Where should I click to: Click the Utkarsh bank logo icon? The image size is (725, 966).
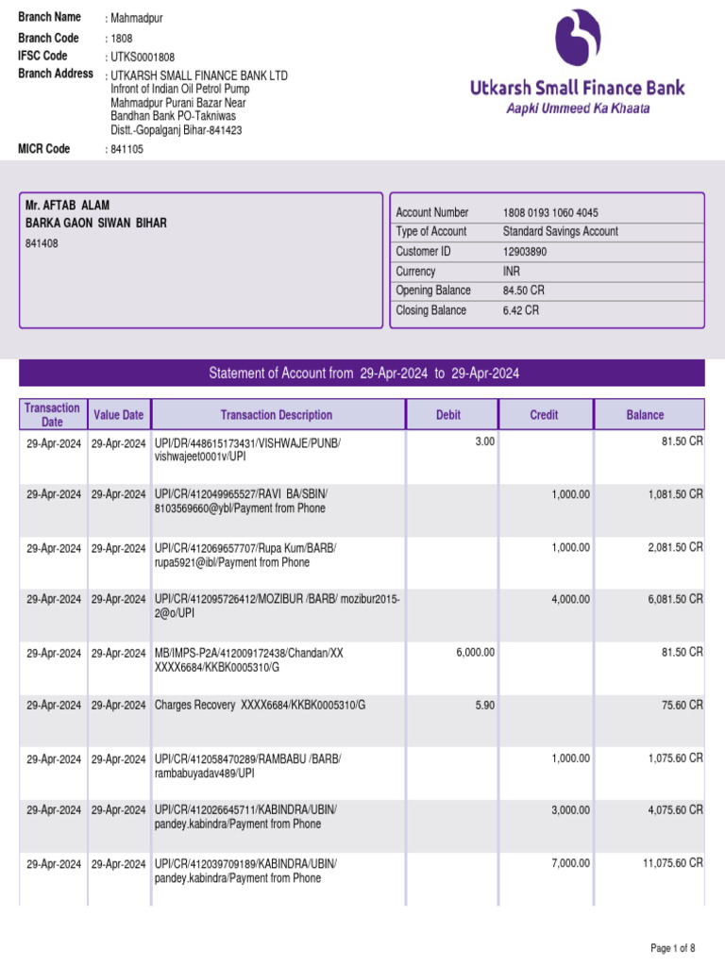click(578, 42)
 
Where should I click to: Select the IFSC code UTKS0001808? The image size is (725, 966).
click(143, 58)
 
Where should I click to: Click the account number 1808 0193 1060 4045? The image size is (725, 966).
click(550, 213)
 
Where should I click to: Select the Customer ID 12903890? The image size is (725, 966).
click(525, 252)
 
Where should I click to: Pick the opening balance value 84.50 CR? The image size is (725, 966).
click(522, 291)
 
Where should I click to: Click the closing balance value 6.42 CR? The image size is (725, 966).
click(520, 310)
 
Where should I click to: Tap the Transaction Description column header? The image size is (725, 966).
click(277, 415)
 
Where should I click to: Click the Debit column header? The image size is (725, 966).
click(448, 415)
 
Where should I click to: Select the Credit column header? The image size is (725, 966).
click(544, 415)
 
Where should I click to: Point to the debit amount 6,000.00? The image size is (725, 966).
click(474, 652)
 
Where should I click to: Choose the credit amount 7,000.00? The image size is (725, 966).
click(571, 863)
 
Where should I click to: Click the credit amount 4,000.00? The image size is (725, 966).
click(571, 599)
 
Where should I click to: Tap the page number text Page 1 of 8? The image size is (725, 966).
click(672, 948)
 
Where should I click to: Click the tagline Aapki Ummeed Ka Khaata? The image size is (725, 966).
click(578, 108)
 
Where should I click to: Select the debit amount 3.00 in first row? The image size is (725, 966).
click(484, 441)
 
